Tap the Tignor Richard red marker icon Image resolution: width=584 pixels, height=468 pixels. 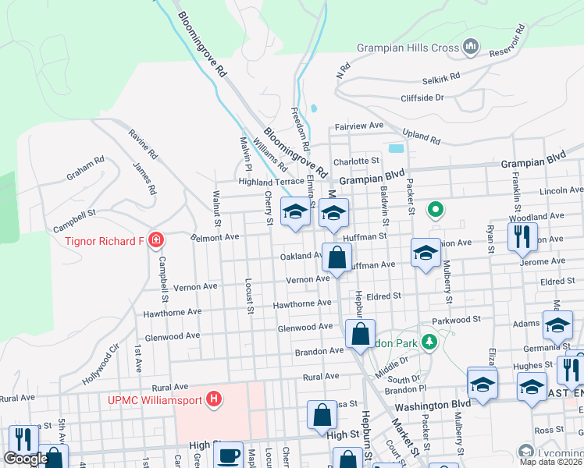(x=156, y=239)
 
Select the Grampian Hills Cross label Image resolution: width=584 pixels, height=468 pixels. (x=408, y=48)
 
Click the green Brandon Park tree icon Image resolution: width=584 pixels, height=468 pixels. (x=428, y=342)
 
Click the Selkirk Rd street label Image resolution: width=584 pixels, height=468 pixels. (x=441, y=79)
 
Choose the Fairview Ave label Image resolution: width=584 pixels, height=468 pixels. (x=359, y=126)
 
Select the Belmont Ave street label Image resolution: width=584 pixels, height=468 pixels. (x=214, y=235)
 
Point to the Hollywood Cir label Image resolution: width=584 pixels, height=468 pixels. (x=101, y=364)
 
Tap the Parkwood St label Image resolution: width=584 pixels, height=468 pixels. (x=456, y=320)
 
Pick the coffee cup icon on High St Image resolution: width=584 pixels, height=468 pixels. (x=229, y=455)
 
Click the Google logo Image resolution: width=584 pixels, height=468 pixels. (x=26, y=459)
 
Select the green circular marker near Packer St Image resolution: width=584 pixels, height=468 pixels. (x=436, y=209)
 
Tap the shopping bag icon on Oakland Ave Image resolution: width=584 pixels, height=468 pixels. (x=337, y=257)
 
